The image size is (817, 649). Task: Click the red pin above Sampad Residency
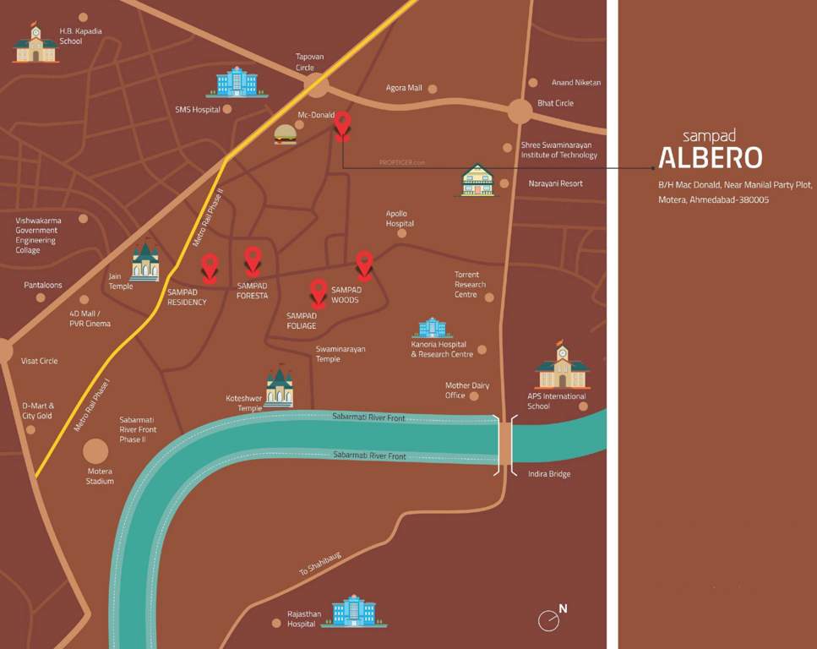coord(209,268)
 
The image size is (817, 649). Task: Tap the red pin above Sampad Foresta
coord(253,259)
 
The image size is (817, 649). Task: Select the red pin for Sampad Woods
coord(363,264)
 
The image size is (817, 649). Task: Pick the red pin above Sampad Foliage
coord(319,292)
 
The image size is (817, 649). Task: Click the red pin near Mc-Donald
coord(342,124)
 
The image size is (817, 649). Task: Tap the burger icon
coord(286,134)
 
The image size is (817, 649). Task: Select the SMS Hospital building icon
coord(237,82)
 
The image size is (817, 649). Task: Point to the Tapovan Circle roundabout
coord(317,85)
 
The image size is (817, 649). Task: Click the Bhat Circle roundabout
coord(520,111)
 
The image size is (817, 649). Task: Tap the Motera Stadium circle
coord(95,450)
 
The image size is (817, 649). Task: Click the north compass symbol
coord(551,619)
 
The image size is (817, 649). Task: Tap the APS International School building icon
coord(561,366)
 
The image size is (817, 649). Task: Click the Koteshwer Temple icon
coord(279,387)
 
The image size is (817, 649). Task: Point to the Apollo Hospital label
coord(400,219)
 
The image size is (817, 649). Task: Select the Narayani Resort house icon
coord(477,180)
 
